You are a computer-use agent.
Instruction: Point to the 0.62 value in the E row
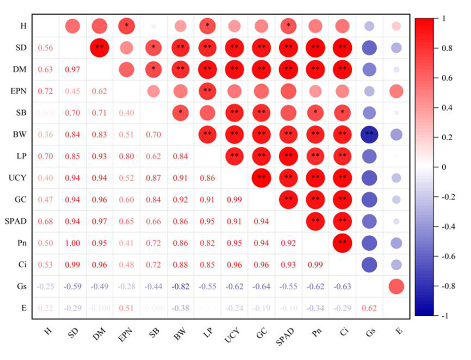pyautogui.click(x=369, y=308)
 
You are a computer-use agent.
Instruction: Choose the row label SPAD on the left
pyautogui.click(x=17, y=221)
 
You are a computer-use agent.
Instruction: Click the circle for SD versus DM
pyautogui.click(x=99, y=48)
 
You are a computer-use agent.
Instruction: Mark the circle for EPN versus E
pyautogui.click(x=396, y=91)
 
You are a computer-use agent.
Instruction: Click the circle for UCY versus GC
pyautogui.click(x=261, y=178)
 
